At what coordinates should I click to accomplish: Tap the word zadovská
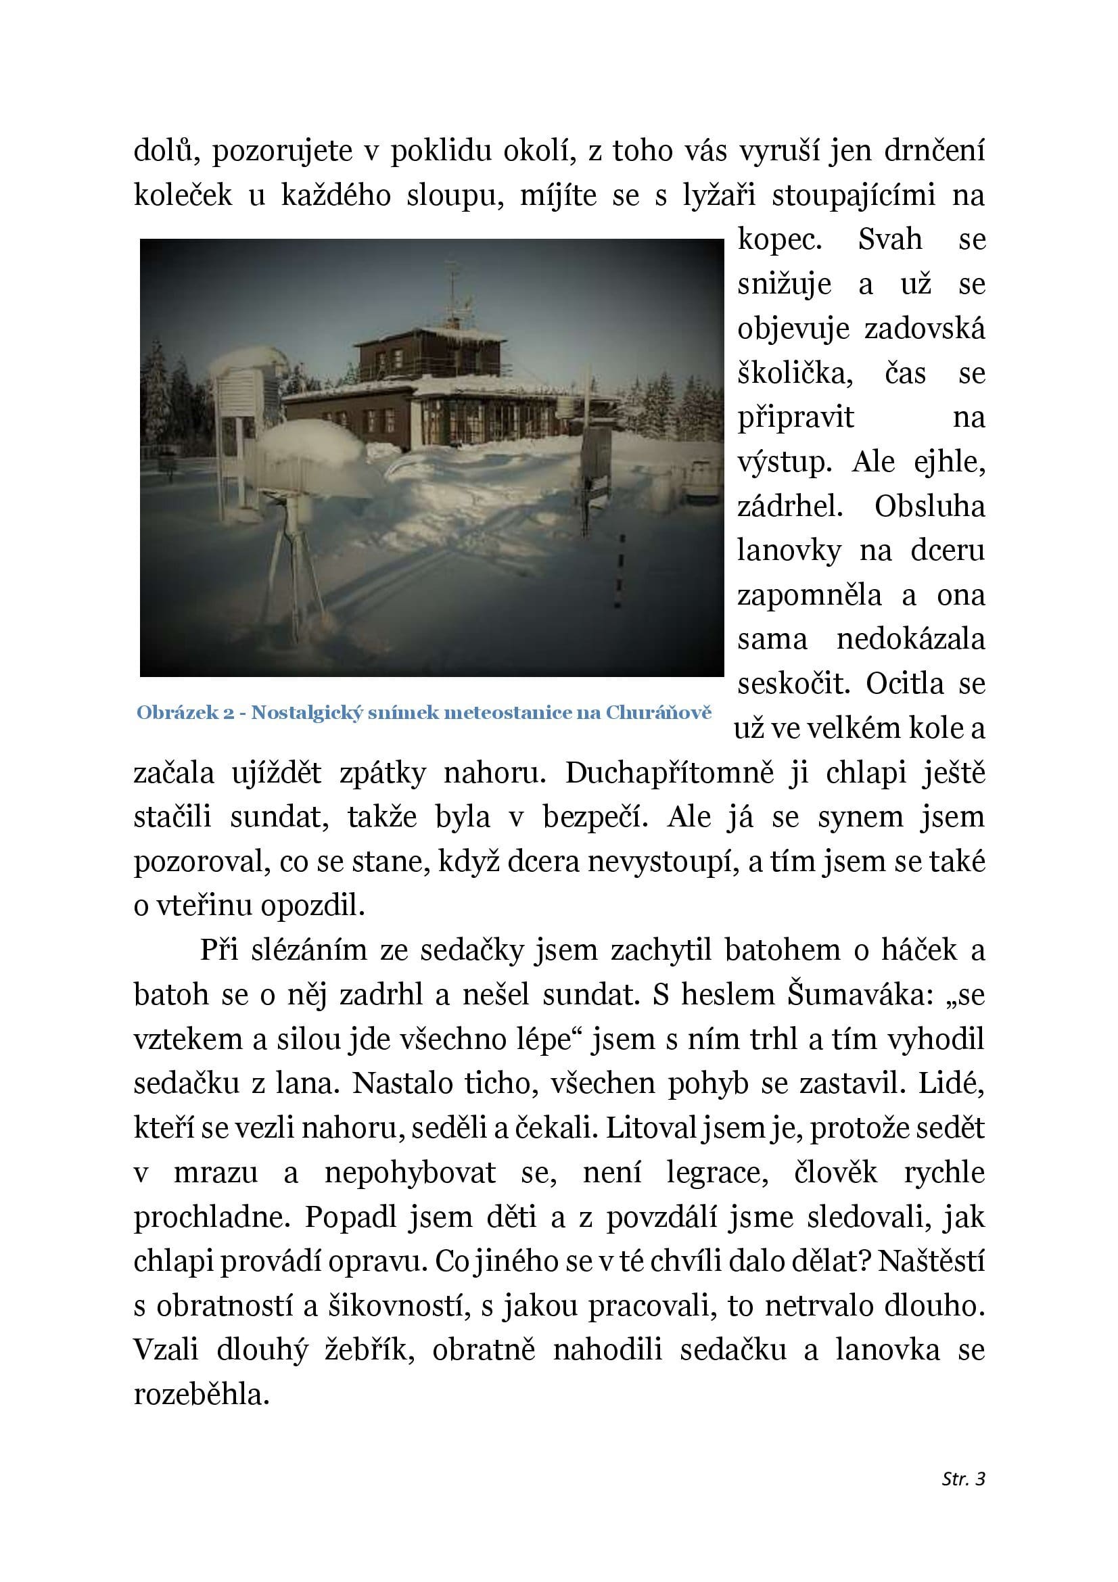click(925, 329)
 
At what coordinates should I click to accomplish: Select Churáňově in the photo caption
click(659, 712)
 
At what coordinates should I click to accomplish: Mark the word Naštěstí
click(932, 1262)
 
